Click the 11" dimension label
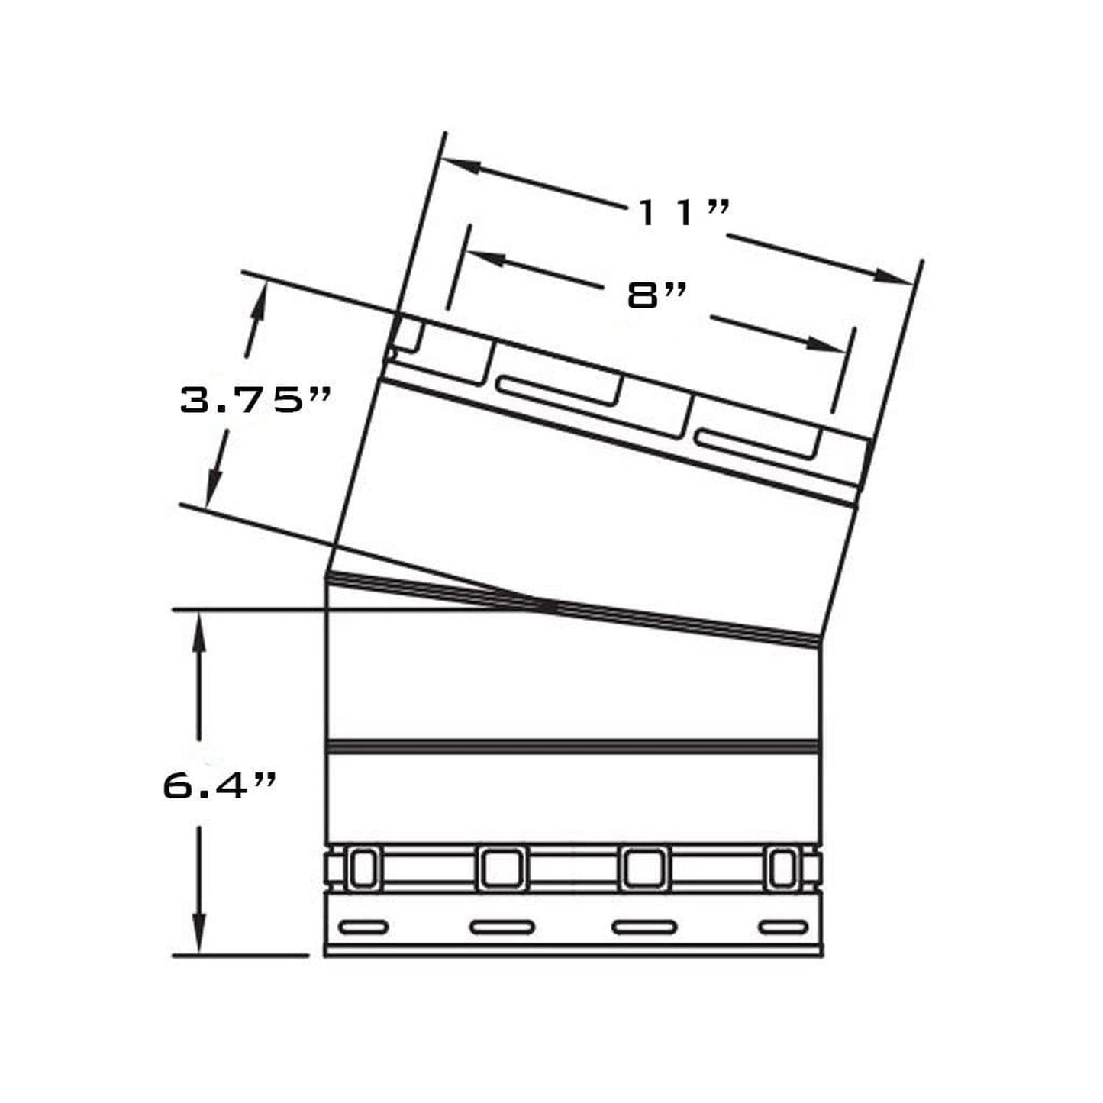coord(685,213)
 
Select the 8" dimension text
coord(656,296)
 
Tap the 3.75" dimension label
coord(255,399)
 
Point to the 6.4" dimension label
coord(220,785)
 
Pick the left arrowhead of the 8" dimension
coord(487,259)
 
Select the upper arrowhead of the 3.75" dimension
coord(260,302)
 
